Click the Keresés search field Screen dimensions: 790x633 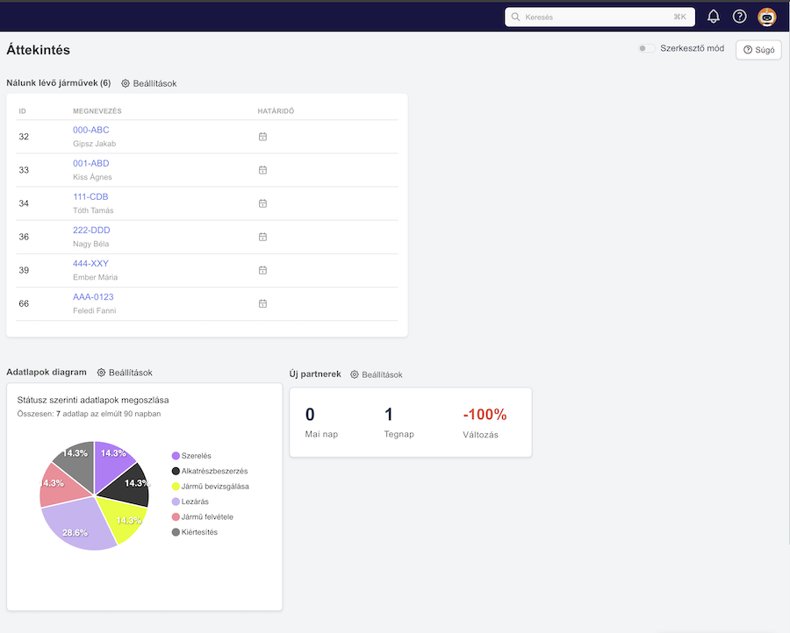(600, 17)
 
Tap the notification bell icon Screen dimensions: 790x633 (714, 17)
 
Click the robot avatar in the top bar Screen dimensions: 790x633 (767, 17)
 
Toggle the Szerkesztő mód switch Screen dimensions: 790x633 (646, 48)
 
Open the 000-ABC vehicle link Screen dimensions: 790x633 (90, 130)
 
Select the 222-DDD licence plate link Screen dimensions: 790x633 (91, 230)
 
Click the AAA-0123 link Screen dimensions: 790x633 (93, 297)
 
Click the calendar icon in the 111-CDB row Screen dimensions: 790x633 (262, 203)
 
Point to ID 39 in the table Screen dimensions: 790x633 (24, 270)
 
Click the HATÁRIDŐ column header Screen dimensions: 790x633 (276, 111)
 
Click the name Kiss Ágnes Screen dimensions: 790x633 (92, 177)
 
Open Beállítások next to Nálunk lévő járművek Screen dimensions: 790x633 (149, 83)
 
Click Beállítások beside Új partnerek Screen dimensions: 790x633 (377, 374)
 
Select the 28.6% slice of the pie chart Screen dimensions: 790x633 (75, 526)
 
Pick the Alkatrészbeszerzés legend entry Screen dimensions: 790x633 (210, 471)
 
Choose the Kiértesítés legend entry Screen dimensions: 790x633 (195, 532)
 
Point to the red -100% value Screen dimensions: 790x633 (485, 414)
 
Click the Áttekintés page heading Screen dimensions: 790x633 (39, 50)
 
